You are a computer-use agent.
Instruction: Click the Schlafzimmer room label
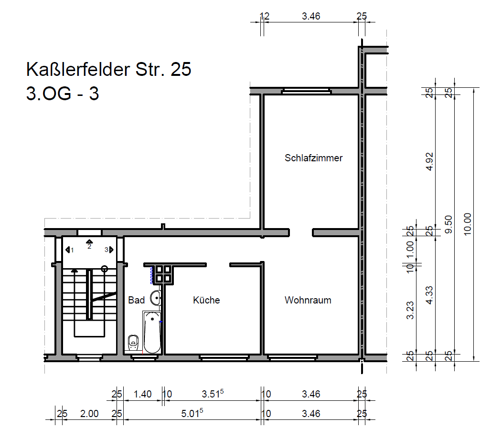pos(313,158)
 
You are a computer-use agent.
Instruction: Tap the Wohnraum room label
pos(308,300)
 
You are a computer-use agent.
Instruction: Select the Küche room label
pos(206,300)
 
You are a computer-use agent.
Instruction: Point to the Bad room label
pos(136,300)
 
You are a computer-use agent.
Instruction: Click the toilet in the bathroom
pos(133,342)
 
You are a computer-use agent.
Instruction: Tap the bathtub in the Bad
pos(152,332)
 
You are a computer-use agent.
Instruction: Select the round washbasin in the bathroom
pos(156,298)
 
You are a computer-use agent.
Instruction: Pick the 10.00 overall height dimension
pos(467,224)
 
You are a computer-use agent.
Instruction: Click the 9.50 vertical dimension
pos(448,224)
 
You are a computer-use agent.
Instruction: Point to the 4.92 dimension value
pos(429,161)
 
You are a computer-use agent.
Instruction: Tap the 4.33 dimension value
pos(429,295)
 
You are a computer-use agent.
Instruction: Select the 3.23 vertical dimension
pos(410,310)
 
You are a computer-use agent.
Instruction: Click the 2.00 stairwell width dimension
pos(89,414)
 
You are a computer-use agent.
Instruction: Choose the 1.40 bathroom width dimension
pos(142,394)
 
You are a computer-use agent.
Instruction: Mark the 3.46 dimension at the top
pos(311,16)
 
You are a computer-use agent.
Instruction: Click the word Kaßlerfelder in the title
pos(78,69)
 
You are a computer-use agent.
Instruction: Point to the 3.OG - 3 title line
pos(63,93)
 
